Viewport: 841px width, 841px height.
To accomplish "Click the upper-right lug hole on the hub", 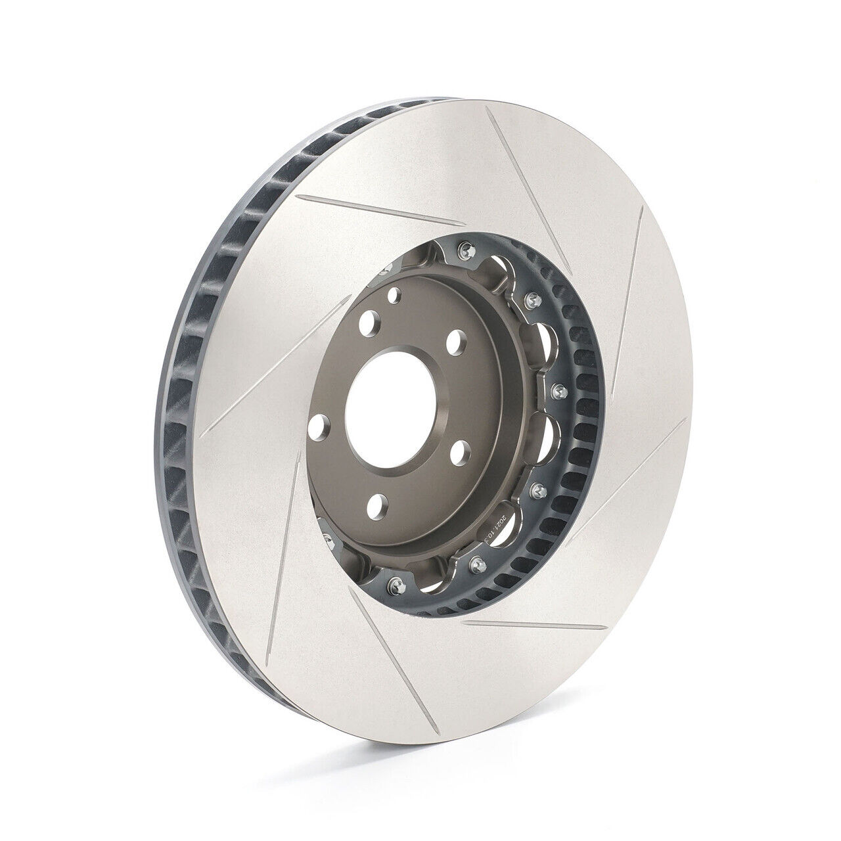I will tap(453, 342).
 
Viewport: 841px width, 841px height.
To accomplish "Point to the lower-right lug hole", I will tap(461, 453).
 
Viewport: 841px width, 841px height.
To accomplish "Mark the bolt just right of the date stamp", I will tap(537, 489).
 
